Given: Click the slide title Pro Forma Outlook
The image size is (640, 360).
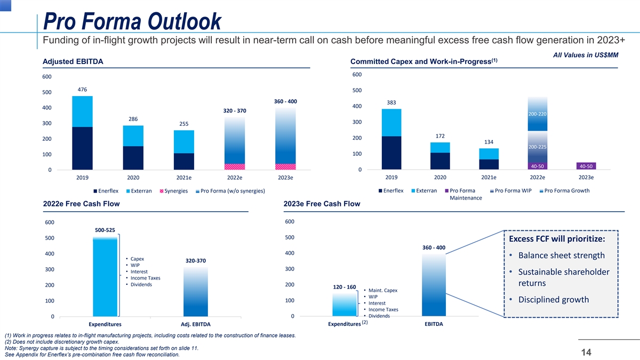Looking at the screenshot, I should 132,22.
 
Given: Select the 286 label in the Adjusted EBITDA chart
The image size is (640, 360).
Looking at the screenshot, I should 133,118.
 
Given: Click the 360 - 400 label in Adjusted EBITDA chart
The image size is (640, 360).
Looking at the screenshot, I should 285,101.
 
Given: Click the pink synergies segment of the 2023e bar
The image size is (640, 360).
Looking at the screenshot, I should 285,166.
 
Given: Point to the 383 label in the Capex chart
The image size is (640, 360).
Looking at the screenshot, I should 391,102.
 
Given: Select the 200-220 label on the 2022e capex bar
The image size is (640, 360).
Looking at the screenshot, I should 537,114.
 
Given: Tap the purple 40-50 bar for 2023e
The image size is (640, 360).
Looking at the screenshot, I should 586,165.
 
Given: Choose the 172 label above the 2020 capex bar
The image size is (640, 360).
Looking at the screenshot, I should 440,135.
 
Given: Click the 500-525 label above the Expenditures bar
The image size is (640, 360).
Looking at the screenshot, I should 105,230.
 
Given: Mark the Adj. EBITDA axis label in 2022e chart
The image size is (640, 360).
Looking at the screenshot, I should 196,324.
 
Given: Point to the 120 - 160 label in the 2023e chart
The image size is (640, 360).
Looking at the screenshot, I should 344,287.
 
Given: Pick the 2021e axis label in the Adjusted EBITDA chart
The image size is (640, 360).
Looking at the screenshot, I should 183,178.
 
